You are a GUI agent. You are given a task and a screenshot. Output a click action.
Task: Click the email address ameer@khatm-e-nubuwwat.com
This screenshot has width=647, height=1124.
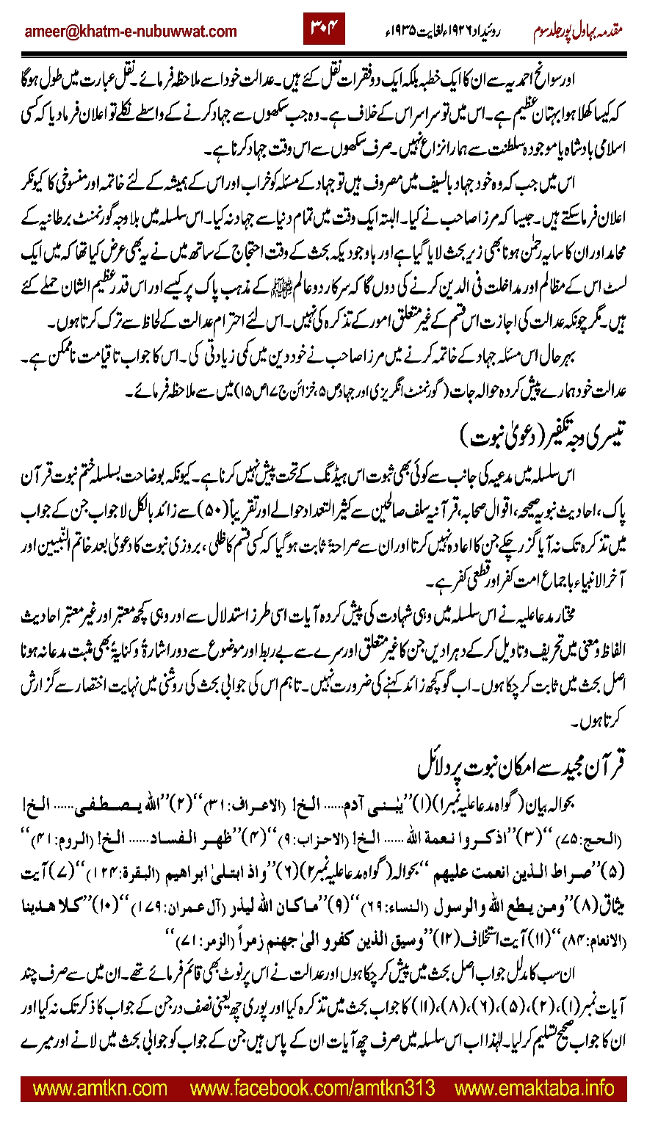coord(131,32)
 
